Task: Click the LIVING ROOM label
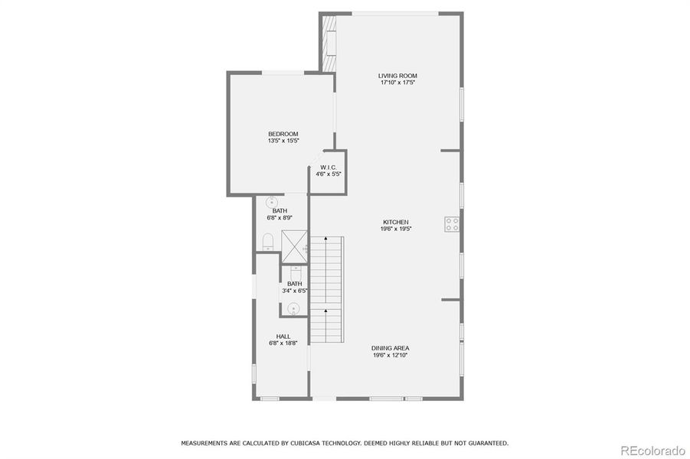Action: [x=397, y=75]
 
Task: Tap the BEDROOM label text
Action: [x=283, y=134]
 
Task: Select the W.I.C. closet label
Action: [x=329, y=167]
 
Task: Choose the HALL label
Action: [x=283, y=337]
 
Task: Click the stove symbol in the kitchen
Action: [x=452, y=224]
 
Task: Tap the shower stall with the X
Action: [x=294, y=243]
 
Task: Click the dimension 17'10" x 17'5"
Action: [x=397, y=83]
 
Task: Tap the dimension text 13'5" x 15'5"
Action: [x=283, y=142]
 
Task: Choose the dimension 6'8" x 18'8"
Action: [x=283, y=343]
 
